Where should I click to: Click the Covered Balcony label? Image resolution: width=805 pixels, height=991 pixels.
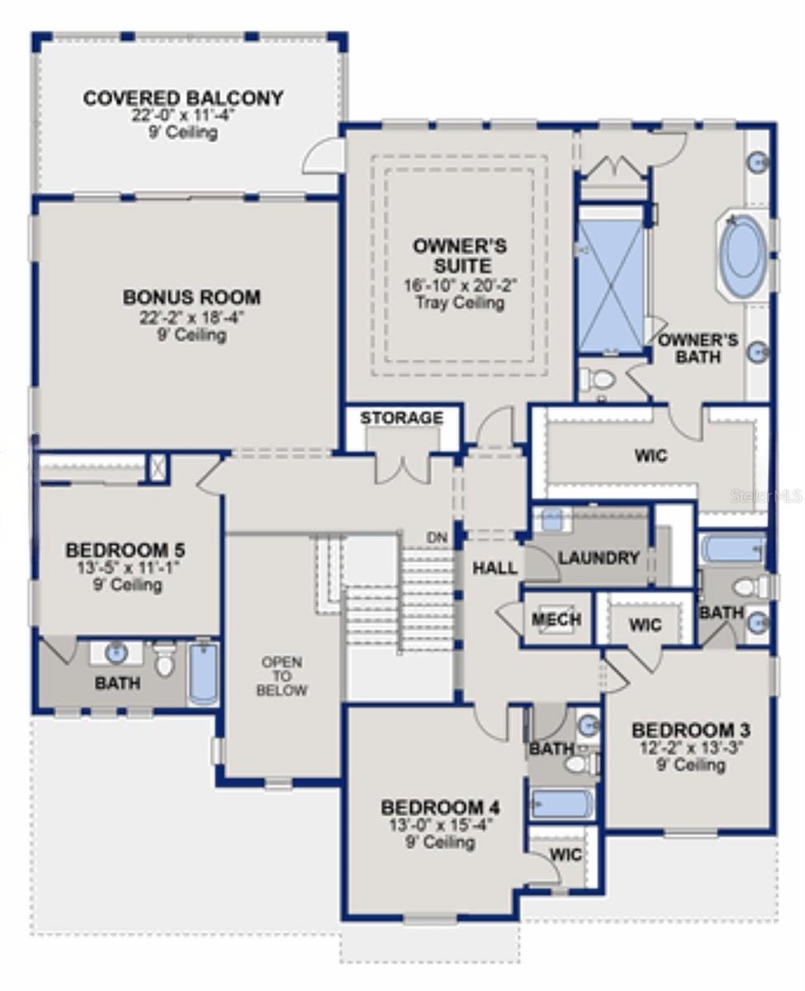pyautogui.click(x=183, y=98)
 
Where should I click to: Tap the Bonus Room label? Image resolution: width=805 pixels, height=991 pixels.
pyautogui.click(x=192, y=297)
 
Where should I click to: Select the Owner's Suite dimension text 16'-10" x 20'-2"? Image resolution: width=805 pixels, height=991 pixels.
pyautogui.click(x=461, y=285)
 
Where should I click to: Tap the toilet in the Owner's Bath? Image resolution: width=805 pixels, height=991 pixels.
pyautogui.click(x=599, y=378)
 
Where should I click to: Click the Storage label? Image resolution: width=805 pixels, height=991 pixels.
pyautogui.click(x=402, y=418)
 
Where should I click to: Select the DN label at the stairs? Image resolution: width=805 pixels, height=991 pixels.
pyautogui.click(x=437, y=538)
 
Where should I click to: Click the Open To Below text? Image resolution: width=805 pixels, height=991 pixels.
pyautogui.click(x=282, y=676)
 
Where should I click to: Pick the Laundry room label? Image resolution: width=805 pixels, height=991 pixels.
pyautogui.click(x=599, y=557)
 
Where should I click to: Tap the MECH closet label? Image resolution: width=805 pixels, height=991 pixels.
pyautogui.click(x=556, y=619)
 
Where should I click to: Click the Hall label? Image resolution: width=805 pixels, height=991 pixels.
pyautogui.click(x=495, y=567)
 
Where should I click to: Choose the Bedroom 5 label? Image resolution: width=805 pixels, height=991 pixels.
pyautogui.click(x=125, y=550)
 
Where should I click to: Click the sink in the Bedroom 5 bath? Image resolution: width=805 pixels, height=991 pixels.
pyautogui.click(x=116, y=653)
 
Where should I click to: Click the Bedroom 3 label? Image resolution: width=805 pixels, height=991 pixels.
pyautogui.click(x=690, y=731)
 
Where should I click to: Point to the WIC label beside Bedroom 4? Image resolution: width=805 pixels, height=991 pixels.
pyautogui.click(x=566, y=855)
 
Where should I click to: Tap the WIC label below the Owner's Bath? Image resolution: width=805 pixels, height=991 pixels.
pyautogui.click(x=651, y=456)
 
